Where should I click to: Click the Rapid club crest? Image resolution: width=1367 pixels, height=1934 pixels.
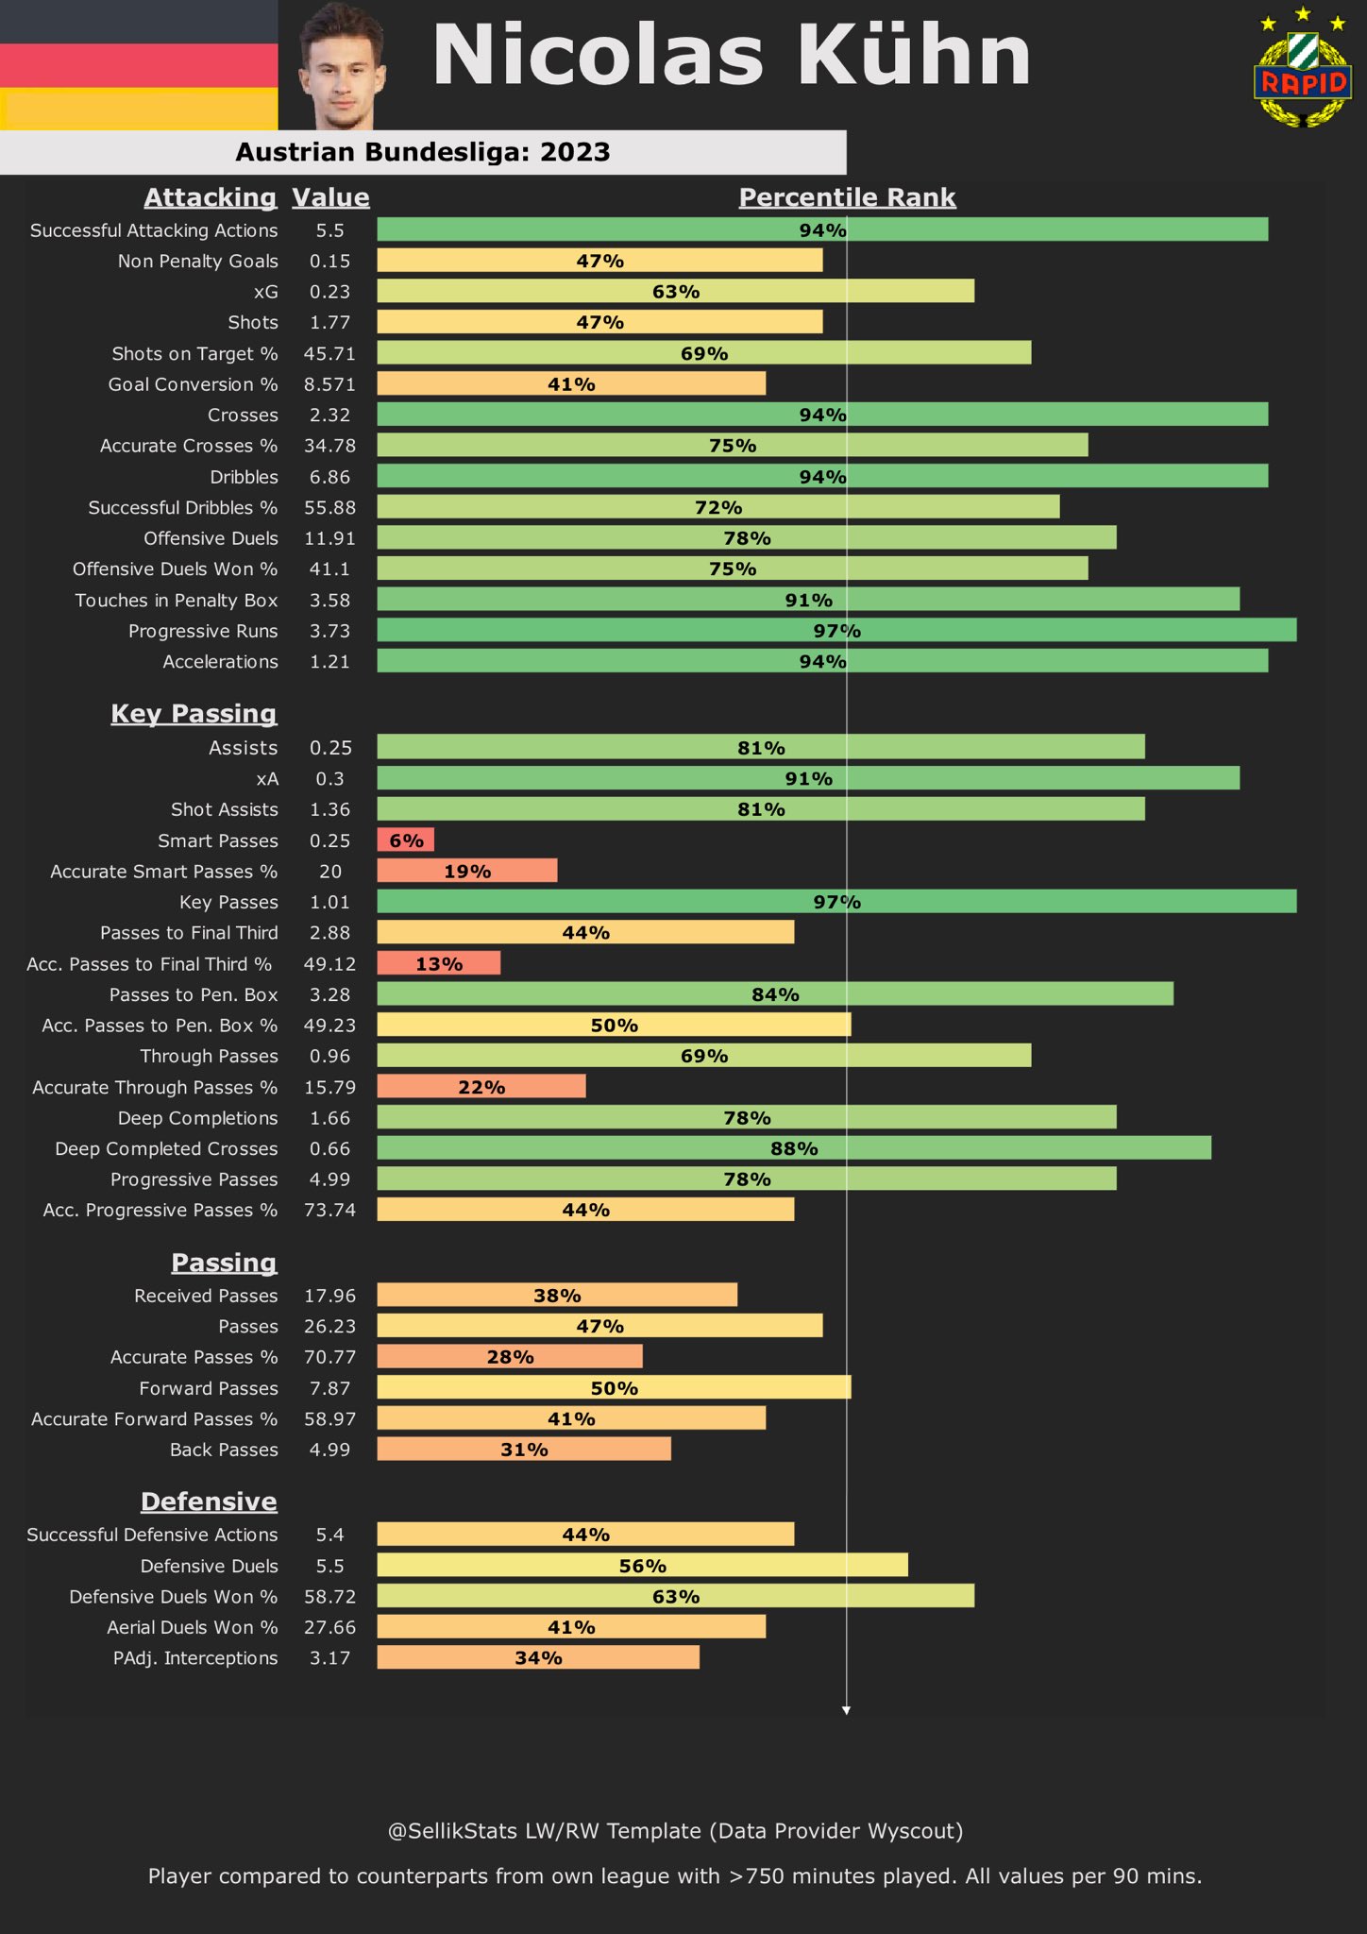pos(1303,71)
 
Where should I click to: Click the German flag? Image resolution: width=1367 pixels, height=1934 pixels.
pos(139,64)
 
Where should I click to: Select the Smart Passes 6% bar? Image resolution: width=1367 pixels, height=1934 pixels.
pos(406,840)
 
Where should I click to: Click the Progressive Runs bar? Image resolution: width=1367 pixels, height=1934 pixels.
pos(836,630)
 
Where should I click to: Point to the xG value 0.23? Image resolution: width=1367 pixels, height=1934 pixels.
pos(329,292)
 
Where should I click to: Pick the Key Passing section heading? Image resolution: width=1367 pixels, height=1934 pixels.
pos(194,713)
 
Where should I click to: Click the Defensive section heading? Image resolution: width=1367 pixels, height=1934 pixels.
pos(209,1501)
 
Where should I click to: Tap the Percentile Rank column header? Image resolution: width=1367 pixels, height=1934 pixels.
pos(847,196)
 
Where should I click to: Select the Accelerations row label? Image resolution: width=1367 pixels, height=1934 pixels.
pos(220,661)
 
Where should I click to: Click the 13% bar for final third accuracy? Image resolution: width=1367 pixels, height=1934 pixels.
pos(439,963)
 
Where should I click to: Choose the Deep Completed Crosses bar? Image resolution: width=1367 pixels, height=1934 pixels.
pos(794,1148)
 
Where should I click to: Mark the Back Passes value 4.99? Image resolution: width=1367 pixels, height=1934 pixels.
pos(329,1449)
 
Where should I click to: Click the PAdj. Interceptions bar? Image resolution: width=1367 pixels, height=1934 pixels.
pos(538,1657)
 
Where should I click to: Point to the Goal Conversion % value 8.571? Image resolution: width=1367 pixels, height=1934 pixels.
pos(329,384)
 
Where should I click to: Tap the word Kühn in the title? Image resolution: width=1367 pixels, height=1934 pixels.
pos(914,57)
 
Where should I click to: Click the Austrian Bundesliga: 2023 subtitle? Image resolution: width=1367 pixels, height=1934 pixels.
pos(423,152)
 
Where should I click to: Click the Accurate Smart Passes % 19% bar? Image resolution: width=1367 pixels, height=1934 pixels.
pos(467,871)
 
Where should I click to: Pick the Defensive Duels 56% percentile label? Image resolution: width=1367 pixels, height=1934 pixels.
pos(643,1566)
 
